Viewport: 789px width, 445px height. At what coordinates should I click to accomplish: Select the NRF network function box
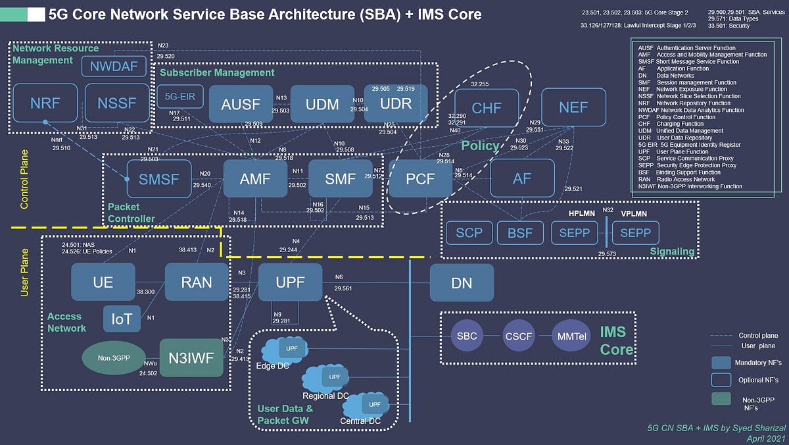point(45,104)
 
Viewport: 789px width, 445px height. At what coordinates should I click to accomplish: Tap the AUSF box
point(241,104)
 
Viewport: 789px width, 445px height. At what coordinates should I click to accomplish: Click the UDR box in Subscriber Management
point(396,104)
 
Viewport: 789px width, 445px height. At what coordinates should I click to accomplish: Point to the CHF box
point(487,107)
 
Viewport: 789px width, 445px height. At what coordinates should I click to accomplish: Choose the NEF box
point(573,107)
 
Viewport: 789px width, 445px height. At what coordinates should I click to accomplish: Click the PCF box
point(420,178)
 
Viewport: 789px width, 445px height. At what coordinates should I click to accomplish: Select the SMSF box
point(158,178)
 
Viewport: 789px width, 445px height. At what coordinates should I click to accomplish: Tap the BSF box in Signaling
point(519,233)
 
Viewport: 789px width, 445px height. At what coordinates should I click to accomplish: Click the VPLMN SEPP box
point(636,233)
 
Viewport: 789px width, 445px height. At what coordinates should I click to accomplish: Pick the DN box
point(462,283)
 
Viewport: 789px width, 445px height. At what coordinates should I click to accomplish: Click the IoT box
point(122,319)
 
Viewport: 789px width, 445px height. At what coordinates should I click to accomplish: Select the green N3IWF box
point(191,358)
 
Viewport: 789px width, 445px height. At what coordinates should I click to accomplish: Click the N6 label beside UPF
point(339,276)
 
